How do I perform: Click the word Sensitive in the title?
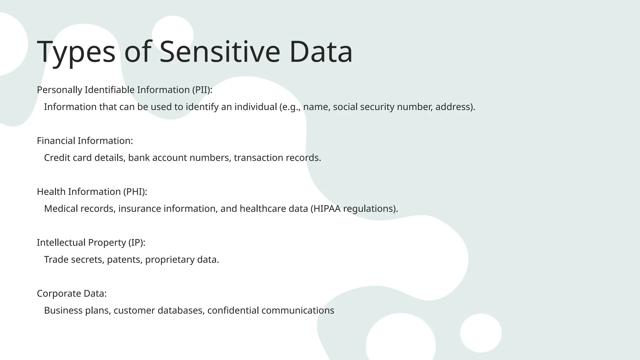pyautogui.click(x=220, y=52)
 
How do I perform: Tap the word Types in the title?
pyautogui.click(x=76, y=52)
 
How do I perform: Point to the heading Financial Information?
pyautogui.click(x=85, y=141)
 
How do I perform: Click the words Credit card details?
pyautogui.click(x=84, y=158)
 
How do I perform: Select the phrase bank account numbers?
pyautogui.click(x=179, y=158)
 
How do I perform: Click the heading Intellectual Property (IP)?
pyautogui.click(x=91, y=243)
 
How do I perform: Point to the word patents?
pyautogui.click(x=124, y=260)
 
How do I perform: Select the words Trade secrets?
pyautogui.click(x=74, y=260)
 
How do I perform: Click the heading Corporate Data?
pyautogui.click(x=72, y=294)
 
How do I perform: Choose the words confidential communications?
pyautogui.click(x=271, y=311)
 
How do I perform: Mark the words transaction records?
pyautogui.click(x=277, y=158)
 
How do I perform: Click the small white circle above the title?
pyautogui.click(x=172, y=31)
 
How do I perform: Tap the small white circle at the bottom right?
pyautogui.click(x=481, y=333)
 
